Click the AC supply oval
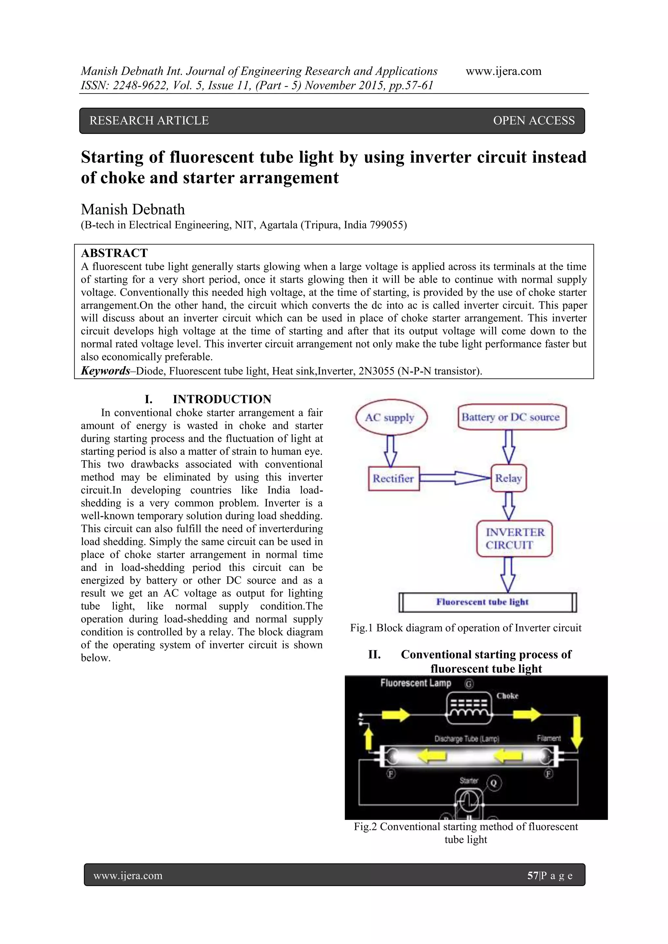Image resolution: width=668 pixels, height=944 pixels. (391, 417)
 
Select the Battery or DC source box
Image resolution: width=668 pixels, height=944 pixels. (511, 417)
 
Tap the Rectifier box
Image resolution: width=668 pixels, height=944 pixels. (394, 478)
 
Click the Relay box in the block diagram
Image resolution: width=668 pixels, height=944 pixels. (509, 478)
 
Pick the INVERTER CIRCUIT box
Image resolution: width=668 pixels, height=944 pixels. (514, 538)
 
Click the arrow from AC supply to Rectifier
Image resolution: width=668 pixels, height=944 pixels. (390, 450)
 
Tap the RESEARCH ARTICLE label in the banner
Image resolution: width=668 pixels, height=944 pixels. (149, 121)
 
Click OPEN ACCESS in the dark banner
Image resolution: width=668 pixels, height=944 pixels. (534, 121)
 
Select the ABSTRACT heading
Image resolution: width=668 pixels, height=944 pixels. (114, 253)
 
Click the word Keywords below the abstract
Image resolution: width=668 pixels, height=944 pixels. (105, 371)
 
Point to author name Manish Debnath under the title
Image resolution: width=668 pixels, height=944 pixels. (133, 209)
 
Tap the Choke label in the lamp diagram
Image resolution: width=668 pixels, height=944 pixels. (507, 696)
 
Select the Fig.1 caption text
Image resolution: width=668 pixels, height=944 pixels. (466, 628)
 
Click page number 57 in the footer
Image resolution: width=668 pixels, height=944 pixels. (533, 876)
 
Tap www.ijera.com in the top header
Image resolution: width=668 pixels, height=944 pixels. (504, 71)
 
